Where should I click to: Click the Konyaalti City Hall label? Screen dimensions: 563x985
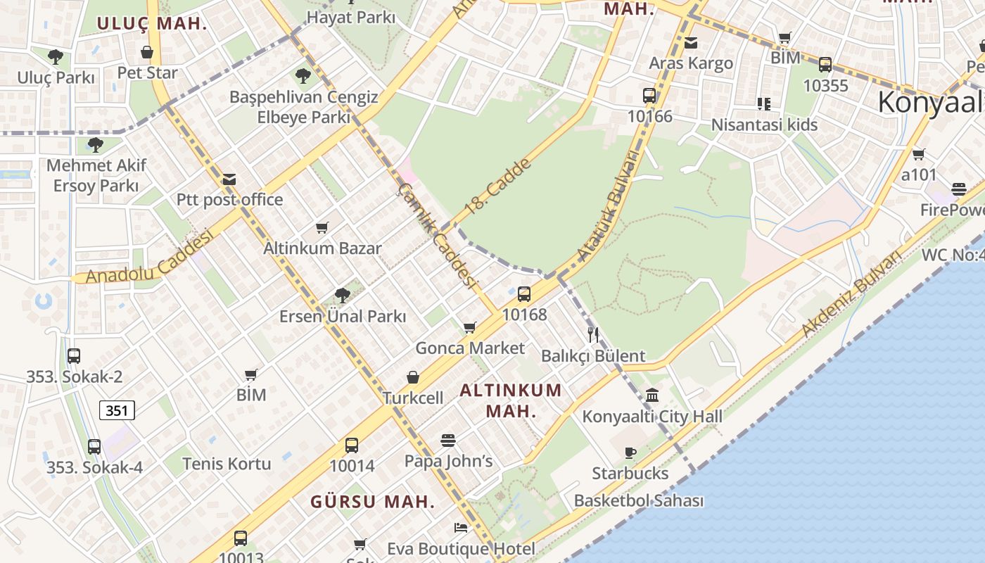[652, 416]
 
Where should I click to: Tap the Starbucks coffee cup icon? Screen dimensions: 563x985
[630, 453]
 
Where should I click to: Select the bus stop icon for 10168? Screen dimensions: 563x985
[523, 294]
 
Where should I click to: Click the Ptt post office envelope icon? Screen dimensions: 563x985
[229, 179]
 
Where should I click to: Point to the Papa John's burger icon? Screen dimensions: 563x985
[448, 441]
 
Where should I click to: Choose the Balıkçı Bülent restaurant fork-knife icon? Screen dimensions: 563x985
[593, 335]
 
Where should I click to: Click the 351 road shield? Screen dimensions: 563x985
[117, 410]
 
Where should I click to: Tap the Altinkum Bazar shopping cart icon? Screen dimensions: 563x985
[322, 227]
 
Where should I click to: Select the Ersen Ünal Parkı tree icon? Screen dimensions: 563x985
[343, 296]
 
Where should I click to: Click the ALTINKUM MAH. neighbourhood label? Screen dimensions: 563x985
[511, 400]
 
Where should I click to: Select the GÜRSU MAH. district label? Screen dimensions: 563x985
[372, 502]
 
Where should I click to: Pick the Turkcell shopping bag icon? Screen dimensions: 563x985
[413, 378]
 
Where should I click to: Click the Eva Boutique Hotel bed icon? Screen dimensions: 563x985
[461, 527]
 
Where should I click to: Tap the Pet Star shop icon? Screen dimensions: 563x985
[147, 52]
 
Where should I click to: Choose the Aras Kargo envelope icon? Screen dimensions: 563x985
[691, 43]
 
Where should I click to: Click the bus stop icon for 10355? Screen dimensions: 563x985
[825, 65]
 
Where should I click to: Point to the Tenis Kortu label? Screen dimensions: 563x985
[227, 464]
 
